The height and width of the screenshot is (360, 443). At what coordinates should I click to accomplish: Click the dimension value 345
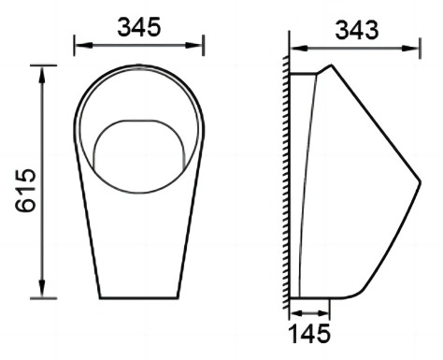139,27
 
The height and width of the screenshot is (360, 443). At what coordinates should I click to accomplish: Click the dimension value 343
357,30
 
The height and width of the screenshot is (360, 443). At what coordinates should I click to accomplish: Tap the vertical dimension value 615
26,191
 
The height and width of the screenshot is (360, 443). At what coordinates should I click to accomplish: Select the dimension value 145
309,334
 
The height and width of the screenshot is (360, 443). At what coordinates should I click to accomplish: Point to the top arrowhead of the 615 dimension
42,75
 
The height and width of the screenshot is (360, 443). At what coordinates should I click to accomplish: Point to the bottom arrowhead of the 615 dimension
42,289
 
